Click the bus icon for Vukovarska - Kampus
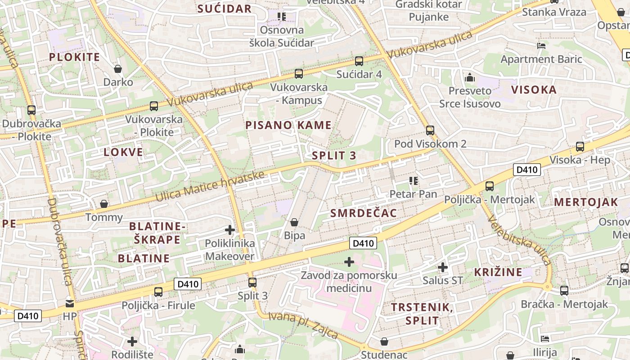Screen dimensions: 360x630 tap(299, 73)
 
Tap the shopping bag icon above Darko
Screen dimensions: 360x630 tap(118, 69)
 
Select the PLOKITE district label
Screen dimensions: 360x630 tap(74, 57)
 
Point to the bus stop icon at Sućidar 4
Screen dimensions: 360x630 tap(359, 61)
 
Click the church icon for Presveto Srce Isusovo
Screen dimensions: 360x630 tap(470, 77)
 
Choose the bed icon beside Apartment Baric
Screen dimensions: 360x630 tap(541, 46)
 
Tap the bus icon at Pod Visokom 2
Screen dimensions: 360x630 tap(430, 130)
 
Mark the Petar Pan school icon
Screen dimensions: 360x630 tap(414, 181)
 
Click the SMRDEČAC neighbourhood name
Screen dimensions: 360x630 tap(364, 213)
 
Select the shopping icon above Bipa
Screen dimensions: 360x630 tap(294, 222)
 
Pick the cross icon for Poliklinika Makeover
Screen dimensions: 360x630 tap(230, 230)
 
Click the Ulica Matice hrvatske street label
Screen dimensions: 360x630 tap(209, 186)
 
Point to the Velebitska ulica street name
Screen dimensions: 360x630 tap(519, 242)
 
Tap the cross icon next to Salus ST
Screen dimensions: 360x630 tap(443, 267)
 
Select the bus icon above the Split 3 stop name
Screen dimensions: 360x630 tap(252, 283)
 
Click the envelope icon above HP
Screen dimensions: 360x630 tap(70, 303)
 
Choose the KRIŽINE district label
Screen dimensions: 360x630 tap(498, 272)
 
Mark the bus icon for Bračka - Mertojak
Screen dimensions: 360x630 tap(564, 291)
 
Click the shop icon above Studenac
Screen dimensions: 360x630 tap(384, 342)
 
